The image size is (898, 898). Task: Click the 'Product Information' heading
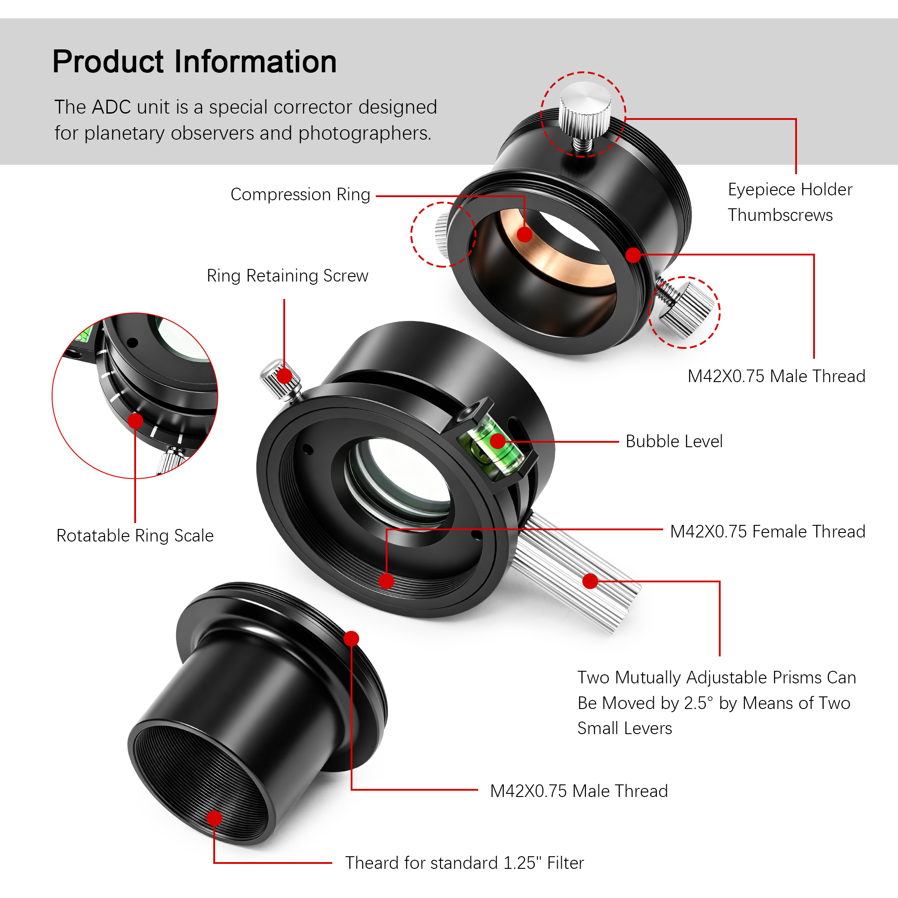(194, 62)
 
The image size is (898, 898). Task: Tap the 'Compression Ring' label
(300, 194)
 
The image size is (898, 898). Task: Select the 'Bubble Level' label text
(674, 441)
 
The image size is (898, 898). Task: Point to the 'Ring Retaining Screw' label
(287, 276)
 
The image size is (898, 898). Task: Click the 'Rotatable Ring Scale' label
(135, 536)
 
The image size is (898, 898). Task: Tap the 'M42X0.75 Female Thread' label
(767, 531)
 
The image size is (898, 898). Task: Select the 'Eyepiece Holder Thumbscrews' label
(790, 202)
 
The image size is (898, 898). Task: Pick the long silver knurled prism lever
(577, 572)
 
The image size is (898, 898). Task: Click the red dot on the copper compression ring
(524, 234)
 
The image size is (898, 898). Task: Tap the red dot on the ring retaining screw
(284, 375)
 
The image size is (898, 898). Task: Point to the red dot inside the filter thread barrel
(214, 818)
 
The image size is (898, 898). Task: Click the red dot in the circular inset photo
(135, 421)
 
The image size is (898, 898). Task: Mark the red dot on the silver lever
(590, 581)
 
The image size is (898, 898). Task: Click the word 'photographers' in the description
(365, 133)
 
